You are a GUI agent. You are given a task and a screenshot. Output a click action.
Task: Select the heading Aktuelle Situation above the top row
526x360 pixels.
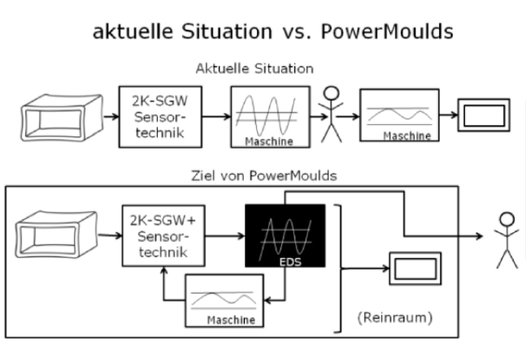[255, 69]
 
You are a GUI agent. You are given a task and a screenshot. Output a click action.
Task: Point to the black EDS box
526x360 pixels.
[285, 235]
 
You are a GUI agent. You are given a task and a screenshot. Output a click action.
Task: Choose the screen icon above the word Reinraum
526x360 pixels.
[411, 268]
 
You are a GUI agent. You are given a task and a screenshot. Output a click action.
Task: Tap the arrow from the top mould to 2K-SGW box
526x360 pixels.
[110, 117]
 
